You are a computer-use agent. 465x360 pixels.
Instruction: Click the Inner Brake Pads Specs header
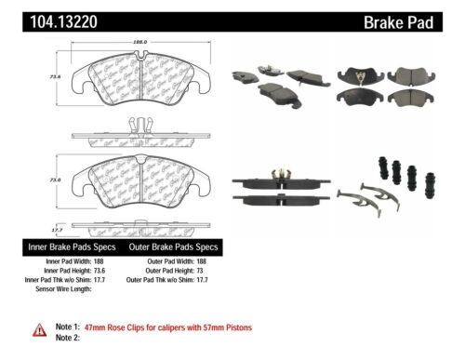(x=72, y=247)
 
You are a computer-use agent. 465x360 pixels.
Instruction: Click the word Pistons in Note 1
(x=236, y=328)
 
